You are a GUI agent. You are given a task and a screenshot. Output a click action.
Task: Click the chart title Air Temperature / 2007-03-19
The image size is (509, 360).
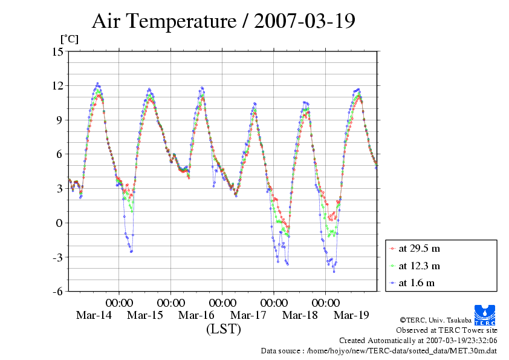pyautogui.click(x=223, y=21)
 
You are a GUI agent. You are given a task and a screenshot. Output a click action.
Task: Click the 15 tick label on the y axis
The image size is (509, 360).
pyautogui.click(x=57, y=51)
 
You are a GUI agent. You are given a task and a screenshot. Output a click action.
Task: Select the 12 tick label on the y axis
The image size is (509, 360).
pyautogui.click(x=57, y=86)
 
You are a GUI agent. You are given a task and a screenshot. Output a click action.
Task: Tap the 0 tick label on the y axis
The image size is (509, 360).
pyautogui.click(x=60, y=223)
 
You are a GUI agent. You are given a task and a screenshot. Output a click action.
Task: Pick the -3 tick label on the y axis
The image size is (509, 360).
pyautogui.click(x=57, y=257)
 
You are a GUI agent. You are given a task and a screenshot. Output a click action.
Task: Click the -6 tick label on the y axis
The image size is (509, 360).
pyautogui.click(x=57, y=292)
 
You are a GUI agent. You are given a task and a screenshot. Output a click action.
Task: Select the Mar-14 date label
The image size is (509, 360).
pyautogui.click(x=93, y=315)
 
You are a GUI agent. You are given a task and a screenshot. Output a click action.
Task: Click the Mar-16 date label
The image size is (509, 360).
pyautogui.click(x=196, y=315)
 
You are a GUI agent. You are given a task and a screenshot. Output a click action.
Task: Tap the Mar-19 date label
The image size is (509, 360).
pyautogui.click(x=351, y=315)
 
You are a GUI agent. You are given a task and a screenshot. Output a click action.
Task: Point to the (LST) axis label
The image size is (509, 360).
pyautogui.click(x=223, y=330)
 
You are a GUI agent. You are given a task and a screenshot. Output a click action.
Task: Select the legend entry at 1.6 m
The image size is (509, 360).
pyautogui.click(x=417, y=283)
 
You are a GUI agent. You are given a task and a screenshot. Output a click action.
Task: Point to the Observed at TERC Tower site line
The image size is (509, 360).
pyautogui.click(x=447, y=330)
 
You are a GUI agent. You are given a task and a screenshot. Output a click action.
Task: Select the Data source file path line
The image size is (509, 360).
pyautogui.click(x=379, y=350)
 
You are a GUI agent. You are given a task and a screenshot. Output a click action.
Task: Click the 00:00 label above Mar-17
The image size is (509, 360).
pyautogui.click(x=274, y=302)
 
